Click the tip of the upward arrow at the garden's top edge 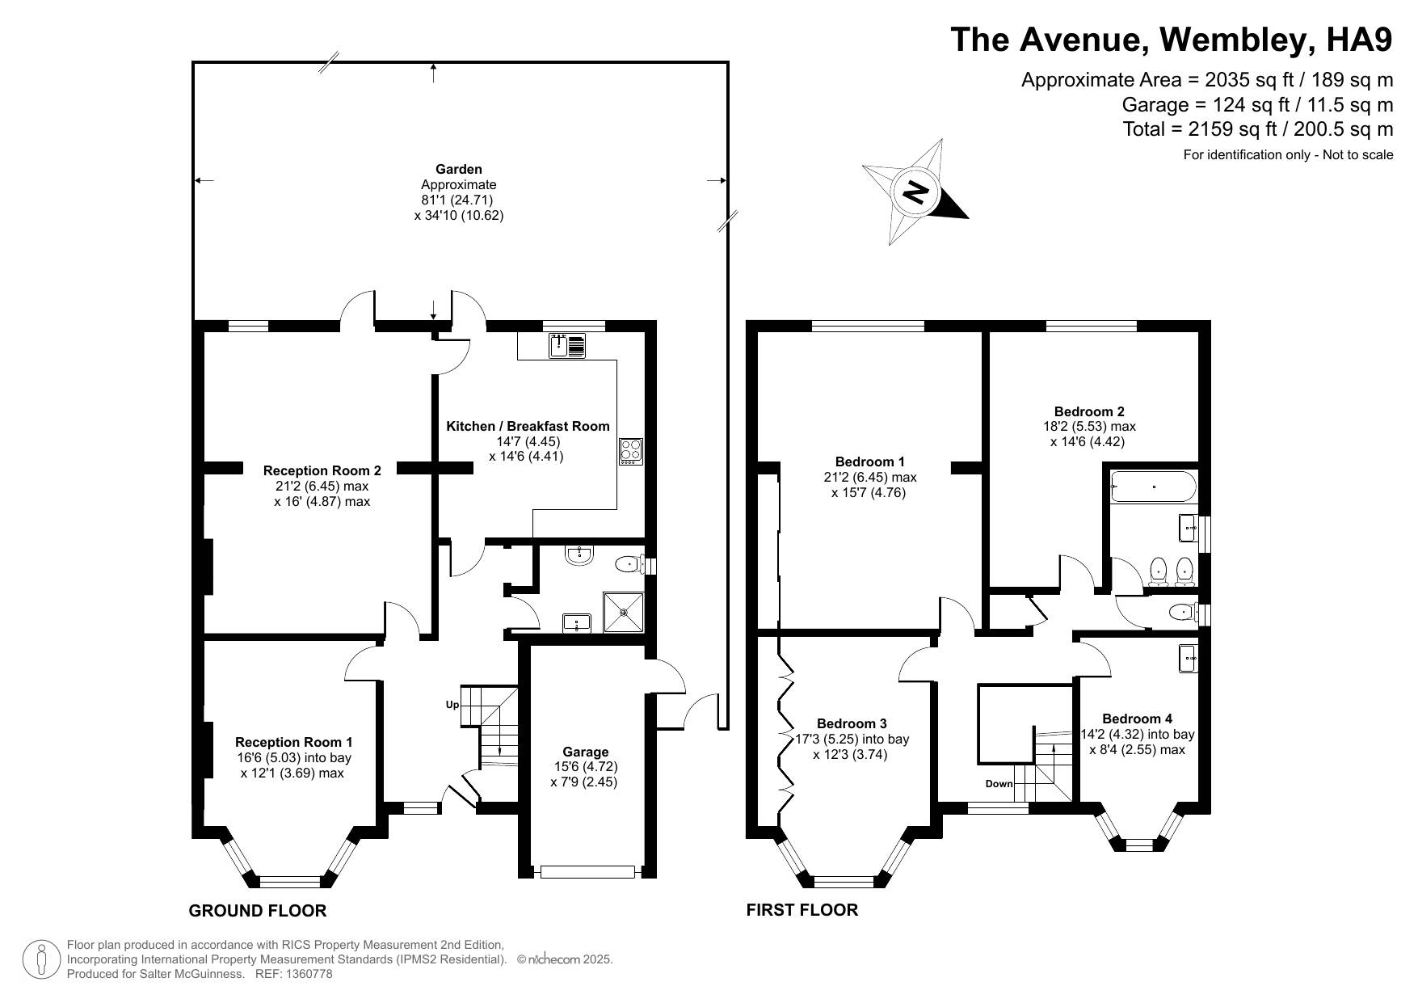click(435, 64)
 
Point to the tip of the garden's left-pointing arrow click(196, 181)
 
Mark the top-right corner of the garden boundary click(727, 62)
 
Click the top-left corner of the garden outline click(193, 62)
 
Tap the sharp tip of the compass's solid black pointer click(968, 218)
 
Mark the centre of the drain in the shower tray click(624, 613)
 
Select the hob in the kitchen click(631, 451)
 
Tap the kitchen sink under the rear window click(567, 346)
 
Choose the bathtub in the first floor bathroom click(1153, 487)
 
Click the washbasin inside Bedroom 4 click(1188, 658)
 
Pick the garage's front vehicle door click(587, 872)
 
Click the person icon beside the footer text click(40, 960)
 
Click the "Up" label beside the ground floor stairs click(452, 705)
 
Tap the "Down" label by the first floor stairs click(999, 784)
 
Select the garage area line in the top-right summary click(1257, 104)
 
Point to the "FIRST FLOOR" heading click(802, 910)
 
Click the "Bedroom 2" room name click(1088, 411)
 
